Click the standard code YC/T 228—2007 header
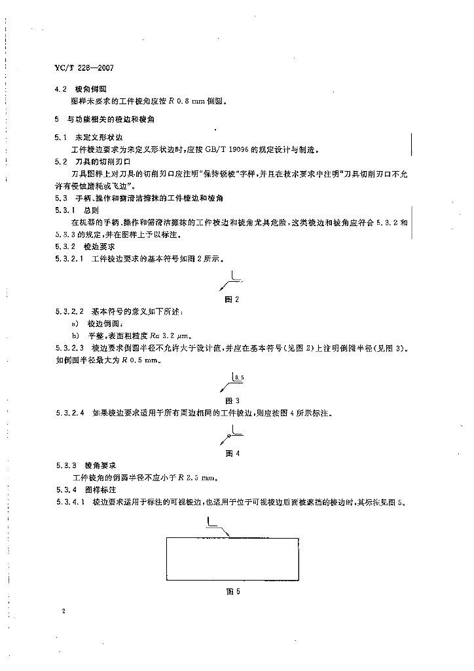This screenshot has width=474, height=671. pos(86,67)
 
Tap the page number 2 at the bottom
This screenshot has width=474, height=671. pos(64,611)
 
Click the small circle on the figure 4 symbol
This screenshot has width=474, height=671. pos(227,435)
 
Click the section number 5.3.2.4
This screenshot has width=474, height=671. pos(70,414)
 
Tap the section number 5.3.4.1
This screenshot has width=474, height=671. pos(70,503)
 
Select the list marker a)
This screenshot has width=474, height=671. pos(75,323)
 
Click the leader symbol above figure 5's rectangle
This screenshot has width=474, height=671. pos(216,525)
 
